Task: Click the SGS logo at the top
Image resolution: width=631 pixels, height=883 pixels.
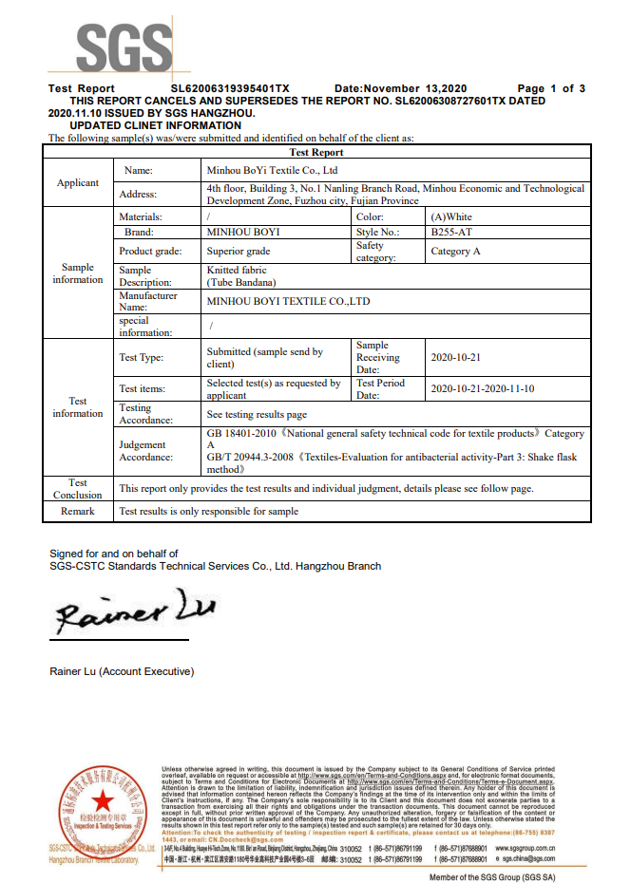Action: pos(124,46)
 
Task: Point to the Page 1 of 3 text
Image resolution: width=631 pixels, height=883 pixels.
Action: pos(551,88)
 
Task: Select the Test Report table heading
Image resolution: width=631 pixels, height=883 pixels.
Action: pos(316,152)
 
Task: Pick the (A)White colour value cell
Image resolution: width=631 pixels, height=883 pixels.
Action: pos(451,217)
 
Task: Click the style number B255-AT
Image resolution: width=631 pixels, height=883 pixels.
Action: pos(450,232)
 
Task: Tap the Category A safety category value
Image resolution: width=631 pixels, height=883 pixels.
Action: pos(456,252)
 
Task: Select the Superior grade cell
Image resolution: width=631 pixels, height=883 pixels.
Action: pos(239,252)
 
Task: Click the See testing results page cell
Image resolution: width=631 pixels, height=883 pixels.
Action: pos(257,415)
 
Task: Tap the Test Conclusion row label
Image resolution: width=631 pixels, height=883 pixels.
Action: pos(78,488)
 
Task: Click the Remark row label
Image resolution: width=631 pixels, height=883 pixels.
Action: pos(78,511)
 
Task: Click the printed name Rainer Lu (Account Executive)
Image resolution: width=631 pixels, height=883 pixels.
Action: pos(122,671)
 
